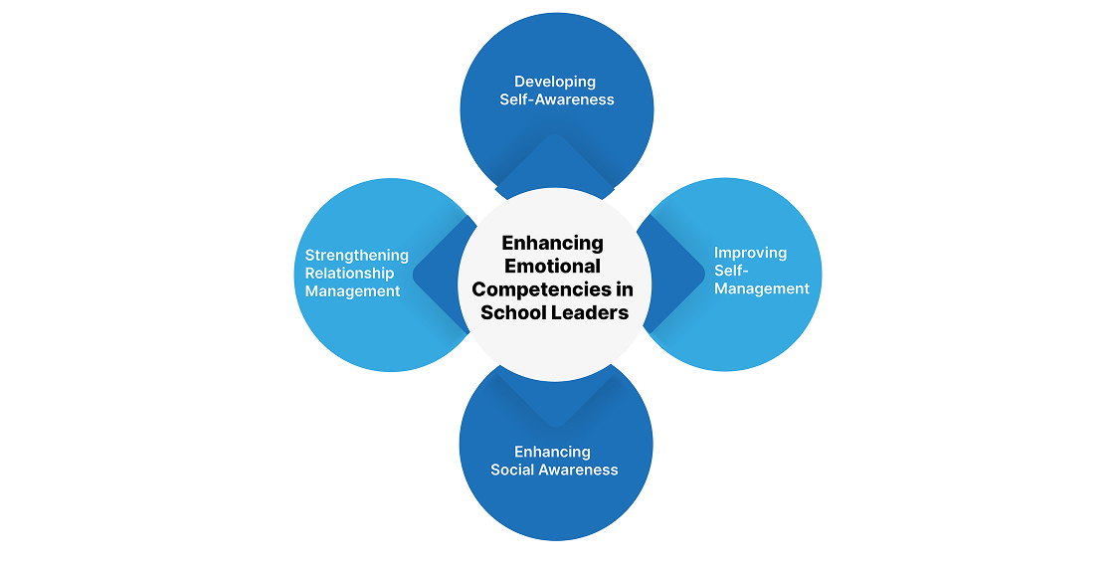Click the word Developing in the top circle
point(555,82)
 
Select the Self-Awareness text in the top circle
point(557,99)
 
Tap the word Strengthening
point(356,256)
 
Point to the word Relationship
point(349,274)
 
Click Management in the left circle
point(352,291)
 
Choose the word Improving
point(750,253)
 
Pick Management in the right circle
point(762,288)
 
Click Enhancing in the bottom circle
point(552,452)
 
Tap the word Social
point(514,470)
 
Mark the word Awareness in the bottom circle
point(580,470)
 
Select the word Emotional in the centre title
point(552,267)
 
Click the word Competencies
point(538,289)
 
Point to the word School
point(511,312)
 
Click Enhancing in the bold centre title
point(552,243)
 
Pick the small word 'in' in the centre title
point(623,289)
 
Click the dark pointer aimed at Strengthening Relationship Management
point(438,274)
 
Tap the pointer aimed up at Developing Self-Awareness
point(555,159)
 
